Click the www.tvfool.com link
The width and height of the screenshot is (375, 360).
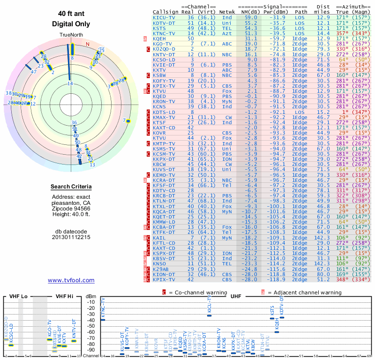[x=71, y=280]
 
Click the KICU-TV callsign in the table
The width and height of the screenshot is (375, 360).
[x=164, y=17]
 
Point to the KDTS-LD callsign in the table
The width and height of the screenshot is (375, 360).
[x=164, y=112]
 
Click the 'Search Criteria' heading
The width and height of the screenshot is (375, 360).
[x=71, y=187]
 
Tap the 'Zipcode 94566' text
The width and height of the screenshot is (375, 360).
[x=71, y=209]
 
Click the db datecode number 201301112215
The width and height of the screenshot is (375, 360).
[x=71, y=237]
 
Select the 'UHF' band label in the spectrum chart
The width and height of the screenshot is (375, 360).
[x=236, y=297]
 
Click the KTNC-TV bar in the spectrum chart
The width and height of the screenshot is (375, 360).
[x=103, y=319]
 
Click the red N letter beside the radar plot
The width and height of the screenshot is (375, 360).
[x=87, y=44]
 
